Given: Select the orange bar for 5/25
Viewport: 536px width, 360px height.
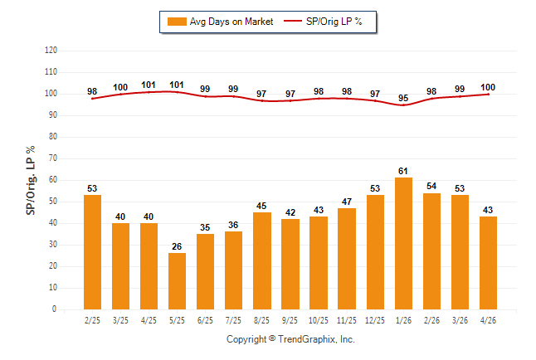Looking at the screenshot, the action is pos(177,281).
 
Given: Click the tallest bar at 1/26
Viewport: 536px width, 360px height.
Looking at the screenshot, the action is pos(403,243).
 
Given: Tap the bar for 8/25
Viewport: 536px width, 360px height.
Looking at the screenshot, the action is pos(262,260).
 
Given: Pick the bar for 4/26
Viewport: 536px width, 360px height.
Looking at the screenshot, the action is pos(488,263).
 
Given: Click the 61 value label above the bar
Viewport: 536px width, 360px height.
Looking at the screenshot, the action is pos(403,171).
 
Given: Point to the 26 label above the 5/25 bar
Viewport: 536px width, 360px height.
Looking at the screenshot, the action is pos(177,246).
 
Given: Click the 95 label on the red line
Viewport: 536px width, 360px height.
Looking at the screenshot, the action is pos(403,98).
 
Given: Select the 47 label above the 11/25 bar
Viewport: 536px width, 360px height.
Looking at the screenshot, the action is pos(347,202).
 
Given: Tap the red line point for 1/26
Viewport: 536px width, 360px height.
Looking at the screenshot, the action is pos(403,105).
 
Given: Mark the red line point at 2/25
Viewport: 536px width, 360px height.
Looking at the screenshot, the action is pos(92,99).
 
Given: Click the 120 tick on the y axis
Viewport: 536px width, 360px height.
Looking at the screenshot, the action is pos(51,51).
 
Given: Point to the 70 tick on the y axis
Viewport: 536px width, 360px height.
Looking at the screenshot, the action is pos(53,158).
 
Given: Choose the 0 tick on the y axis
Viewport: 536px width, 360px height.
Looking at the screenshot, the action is pos(54,309).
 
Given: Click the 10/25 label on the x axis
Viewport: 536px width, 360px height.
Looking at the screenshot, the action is pos(319,320).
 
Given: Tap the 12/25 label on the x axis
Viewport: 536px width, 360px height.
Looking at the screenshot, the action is pos(375,320).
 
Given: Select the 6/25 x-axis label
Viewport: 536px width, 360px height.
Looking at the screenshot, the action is pos(205,320).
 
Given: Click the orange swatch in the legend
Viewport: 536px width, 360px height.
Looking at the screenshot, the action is pos(177,22).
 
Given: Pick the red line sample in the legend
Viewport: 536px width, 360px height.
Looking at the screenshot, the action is pos(293,22).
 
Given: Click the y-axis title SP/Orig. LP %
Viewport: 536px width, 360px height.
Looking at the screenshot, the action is pos(31,180).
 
